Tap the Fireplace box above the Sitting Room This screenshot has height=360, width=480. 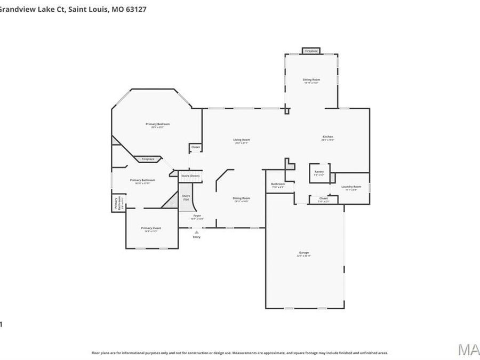click(311, 51)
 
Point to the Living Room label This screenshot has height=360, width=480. click(242, 141)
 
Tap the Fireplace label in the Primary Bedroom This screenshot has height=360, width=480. click(148, 159)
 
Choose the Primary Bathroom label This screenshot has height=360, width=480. click(142, 181)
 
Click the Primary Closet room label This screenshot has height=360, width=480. click(151, 228)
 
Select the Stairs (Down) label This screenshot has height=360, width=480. click(190, 175)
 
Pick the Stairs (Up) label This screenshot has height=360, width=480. click(186, 197)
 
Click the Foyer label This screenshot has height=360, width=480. click(197, 217)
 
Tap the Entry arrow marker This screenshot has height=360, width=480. click(197, 233)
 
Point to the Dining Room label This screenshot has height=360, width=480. click(242, 199)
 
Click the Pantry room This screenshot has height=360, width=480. click(319, 173)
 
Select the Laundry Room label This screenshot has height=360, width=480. click(351, 187)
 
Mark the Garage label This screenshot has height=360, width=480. click(304, 253)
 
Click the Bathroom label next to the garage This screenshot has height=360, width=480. click(278, 185)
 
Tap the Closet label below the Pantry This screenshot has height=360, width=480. click(323, 199)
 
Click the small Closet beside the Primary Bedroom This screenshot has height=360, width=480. click(195, 147)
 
